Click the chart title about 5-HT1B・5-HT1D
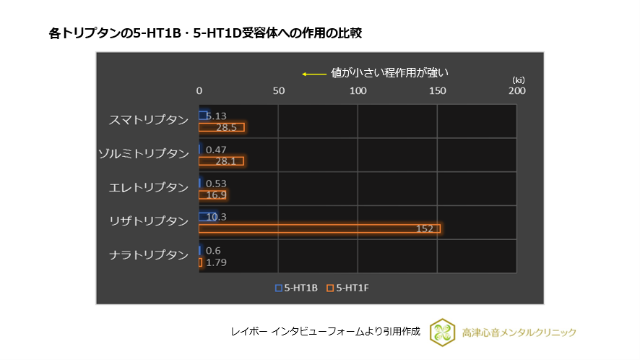pyautogui.click(x=210, y=33)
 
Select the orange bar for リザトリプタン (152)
pyautogui.click(x=319, y=228)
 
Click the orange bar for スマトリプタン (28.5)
pyautogui.click(x=222, y=127)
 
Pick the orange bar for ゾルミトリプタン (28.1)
pyautogui.click(x=221, y=160)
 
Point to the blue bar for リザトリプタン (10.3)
pyautogui.click(x=207, y=217)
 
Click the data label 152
pyautogui.click(x=424, y=228)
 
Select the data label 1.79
pyautogui.click(x=217, y=262)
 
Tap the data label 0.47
pyautogui.click(x=216, y=150)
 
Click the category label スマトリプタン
pyautogui.click(x=148, y=120)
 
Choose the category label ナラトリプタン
pyautogui.click(x=148, y=254)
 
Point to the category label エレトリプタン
pyautogui.click(x=148, y=187)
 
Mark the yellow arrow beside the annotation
pyautogui.click(x=313, y=73)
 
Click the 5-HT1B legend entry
pyautogui.click(x=297, y=288)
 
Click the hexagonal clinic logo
pyautogui.click(x=441, y=332)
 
